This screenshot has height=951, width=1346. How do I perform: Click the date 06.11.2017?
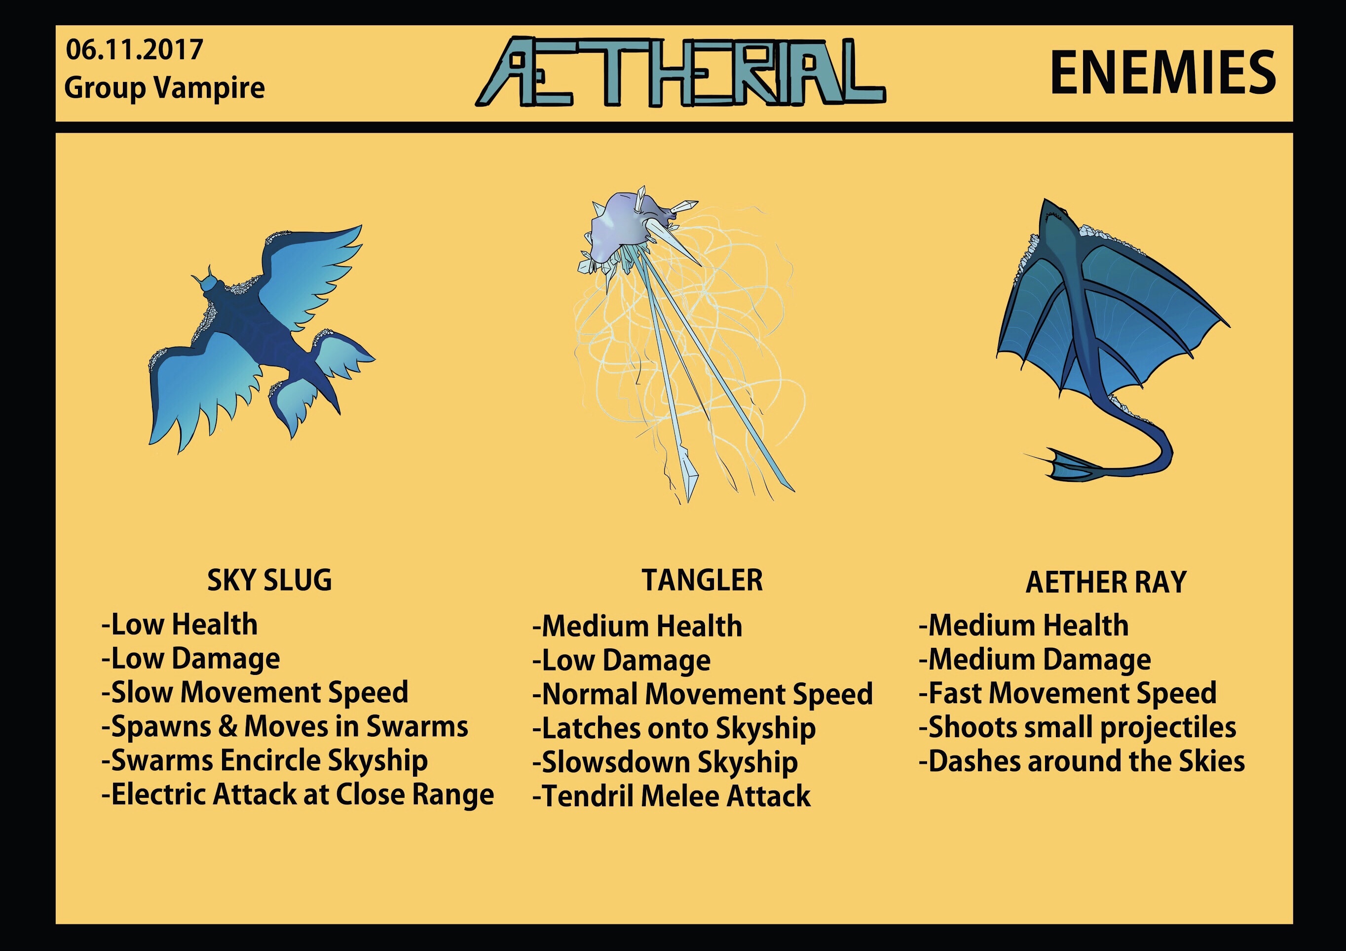tap(134, 50)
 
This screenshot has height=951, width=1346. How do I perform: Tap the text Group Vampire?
tap(165, 88)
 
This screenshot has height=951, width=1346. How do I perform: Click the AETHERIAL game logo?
tap(680, 72)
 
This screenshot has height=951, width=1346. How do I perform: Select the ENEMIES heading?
tap(1162, 72)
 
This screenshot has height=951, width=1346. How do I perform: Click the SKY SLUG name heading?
tap(270, 580)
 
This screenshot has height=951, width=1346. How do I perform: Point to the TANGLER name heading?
tap(702, 580)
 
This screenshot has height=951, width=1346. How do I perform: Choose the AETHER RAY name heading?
tap(1106, 583)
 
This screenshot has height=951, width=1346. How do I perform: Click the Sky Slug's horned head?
tap(209, 283)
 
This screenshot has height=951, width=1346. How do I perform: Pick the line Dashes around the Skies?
tap(1082, 761)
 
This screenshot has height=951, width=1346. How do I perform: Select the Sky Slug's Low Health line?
tap(180, 624)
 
